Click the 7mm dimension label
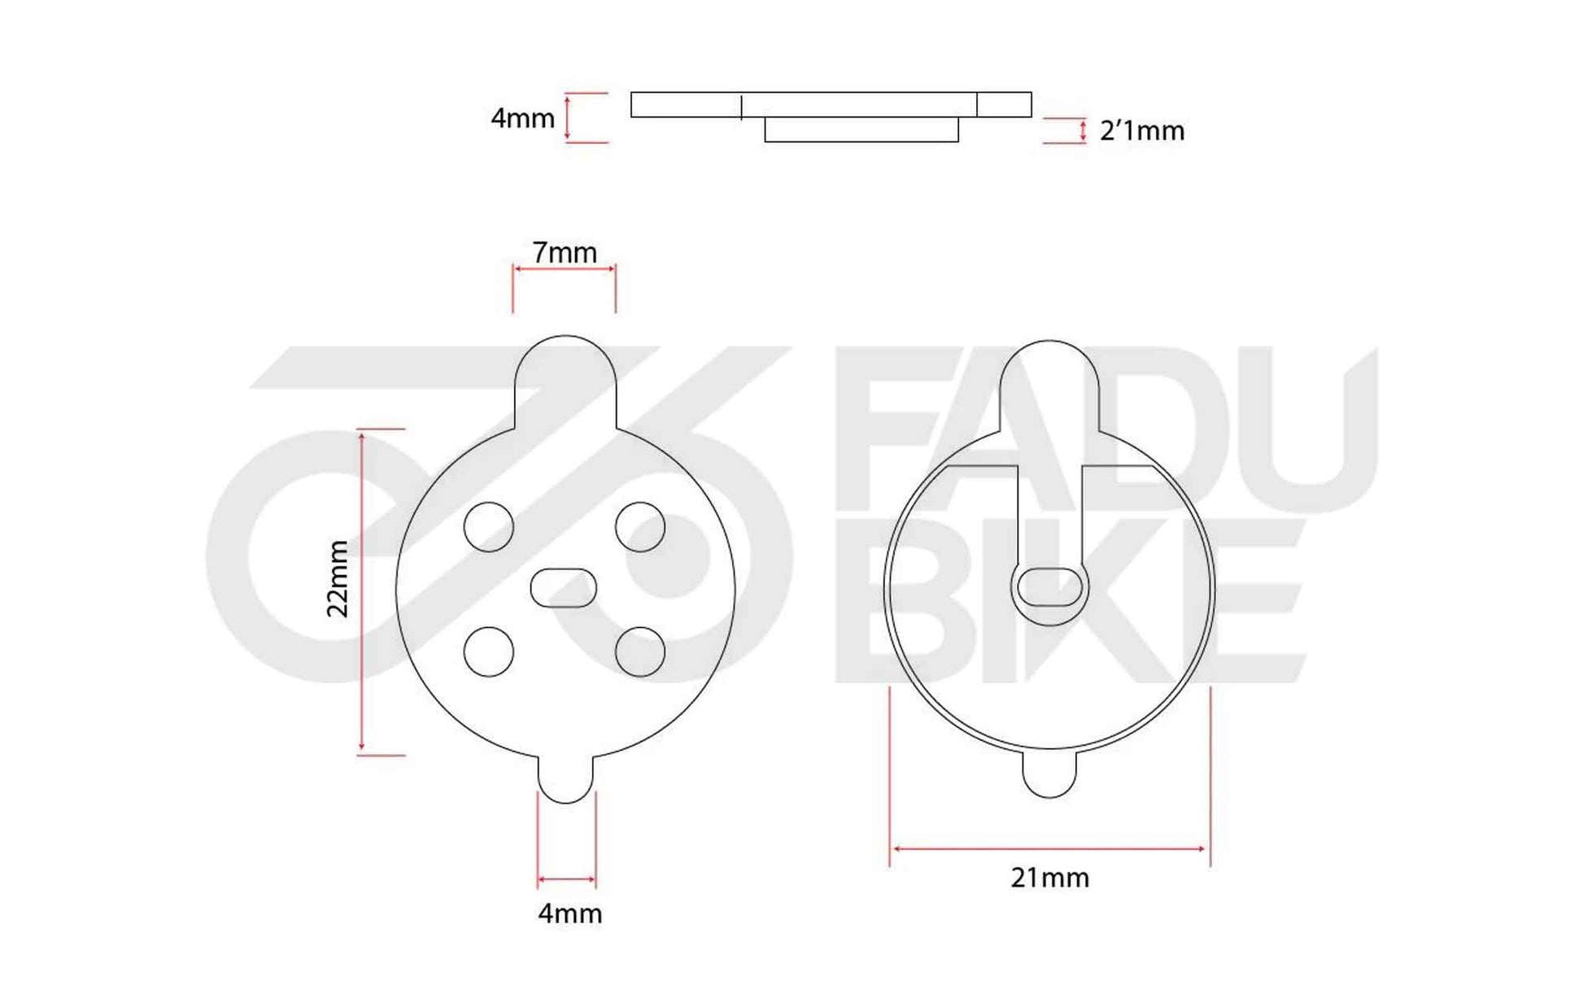(x=565, y=252)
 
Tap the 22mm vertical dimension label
(x=338, y=578)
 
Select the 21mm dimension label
(x=1049, y=878)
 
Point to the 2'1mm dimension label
(x=1141, y=131)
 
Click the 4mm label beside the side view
(x=522, y=119)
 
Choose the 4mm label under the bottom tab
(x=569, y=913)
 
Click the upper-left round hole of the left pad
(x=489, y=527)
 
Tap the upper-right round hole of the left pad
(x=640, y=527)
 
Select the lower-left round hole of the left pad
(x=489, y=651)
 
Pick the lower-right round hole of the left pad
(x=640, y=651)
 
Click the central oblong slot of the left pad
(x=563, y=588)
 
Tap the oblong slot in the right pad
(x=1050, y=587)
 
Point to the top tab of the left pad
(x=565, y=378)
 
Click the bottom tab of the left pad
(x=565, y=778)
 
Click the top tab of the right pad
(x=1049, y=382)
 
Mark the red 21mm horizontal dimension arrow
(x=1049, y=849)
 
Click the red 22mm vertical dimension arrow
(x=362, y=592)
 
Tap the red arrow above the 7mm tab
(x=565, y=268)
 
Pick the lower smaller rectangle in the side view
(x=861, y=130)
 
